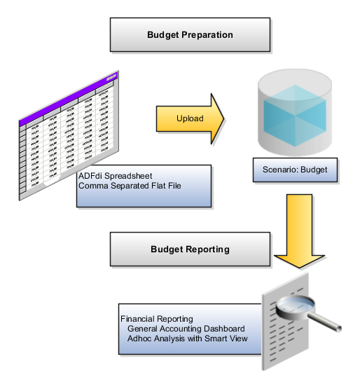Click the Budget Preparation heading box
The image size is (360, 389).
click(x=190, y=35)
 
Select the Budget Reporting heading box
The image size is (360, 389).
click(x=190, y=249)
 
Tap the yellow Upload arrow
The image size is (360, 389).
click(x=190, y=118)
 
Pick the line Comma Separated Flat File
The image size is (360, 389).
click(x=134, y=186)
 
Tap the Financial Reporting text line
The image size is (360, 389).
click(x=156, y=320)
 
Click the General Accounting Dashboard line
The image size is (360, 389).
click(x=186, y=329)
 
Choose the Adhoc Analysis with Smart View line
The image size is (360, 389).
click(x=187, y=339)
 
